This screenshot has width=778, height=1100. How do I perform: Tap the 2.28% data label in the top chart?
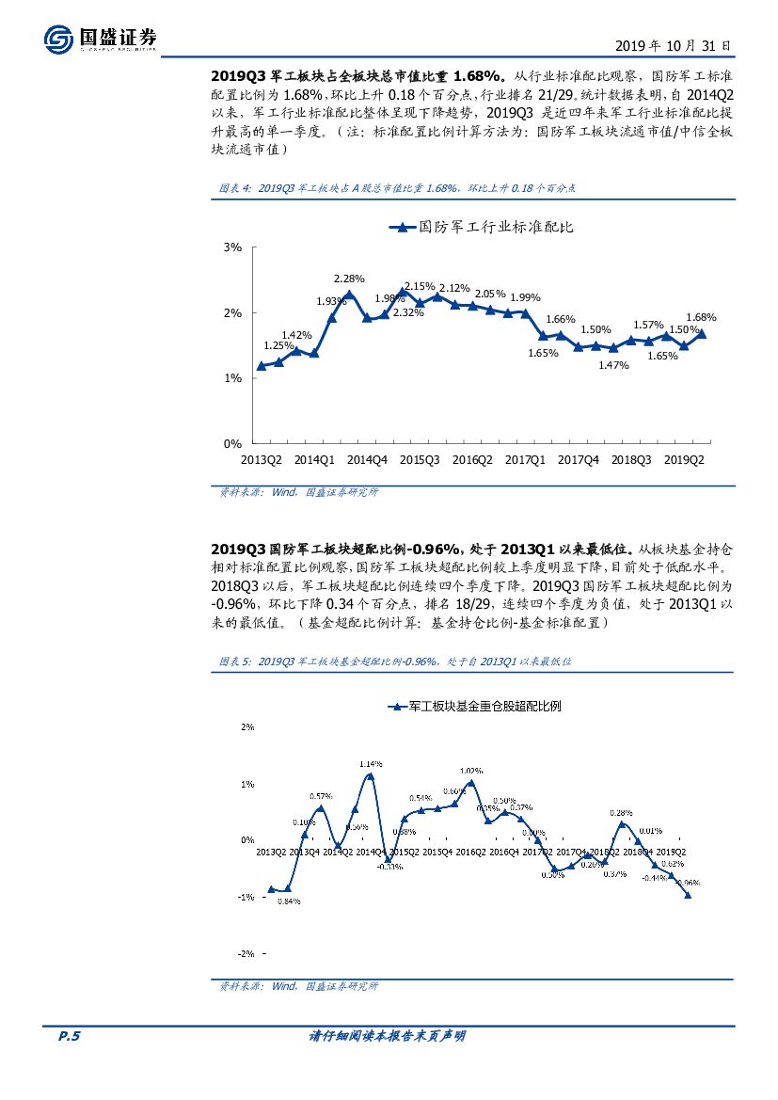349,279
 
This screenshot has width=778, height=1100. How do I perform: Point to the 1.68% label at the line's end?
702,317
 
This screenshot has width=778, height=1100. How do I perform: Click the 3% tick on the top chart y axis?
233,247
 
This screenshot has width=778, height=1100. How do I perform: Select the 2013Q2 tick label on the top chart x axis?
262,460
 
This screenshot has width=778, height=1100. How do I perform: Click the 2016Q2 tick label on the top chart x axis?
472,460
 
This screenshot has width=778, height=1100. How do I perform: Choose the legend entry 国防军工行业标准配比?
482,227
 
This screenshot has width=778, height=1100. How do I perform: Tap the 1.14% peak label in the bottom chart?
370,763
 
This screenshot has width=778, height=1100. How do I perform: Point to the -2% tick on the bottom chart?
247,953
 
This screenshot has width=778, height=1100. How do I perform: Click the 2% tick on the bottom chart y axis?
248,726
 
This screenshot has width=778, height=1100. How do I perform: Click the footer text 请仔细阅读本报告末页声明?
388,1036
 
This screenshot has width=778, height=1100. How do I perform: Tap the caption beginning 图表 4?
396,188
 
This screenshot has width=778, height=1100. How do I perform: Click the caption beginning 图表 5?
395,662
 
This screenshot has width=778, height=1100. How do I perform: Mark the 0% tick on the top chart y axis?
233,443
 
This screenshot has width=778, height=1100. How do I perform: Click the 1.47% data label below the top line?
613,365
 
